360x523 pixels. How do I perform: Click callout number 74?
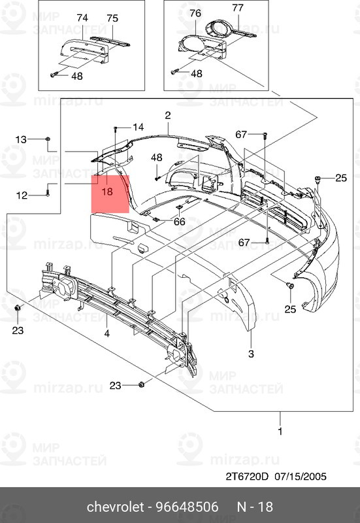click(82, 18)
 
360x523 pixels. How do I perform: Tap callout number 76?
click(195, 13)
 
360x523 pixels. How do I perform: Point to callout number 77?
click(238, 8)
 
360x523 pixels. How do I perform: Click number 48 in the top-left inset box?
click(77, 76)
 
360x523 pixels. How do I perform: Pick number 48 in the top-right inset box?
click(196, 73)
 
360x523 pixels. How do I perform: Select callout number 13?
click(22, 139)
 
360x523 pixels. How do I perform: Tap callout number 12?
click(22, 194)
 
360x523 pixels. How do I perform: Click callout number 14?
click(138, 127)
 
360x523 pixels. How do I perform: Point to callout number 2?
click(167, 115)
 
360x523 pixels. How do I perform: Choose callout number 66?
click(178, 222)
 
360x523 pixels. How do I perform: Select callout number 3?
click(250, 354)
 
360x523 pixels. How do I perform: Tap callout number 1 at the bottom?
click(281, 432)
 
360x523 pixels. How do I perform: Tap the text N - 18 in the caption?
click(254, 507)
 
